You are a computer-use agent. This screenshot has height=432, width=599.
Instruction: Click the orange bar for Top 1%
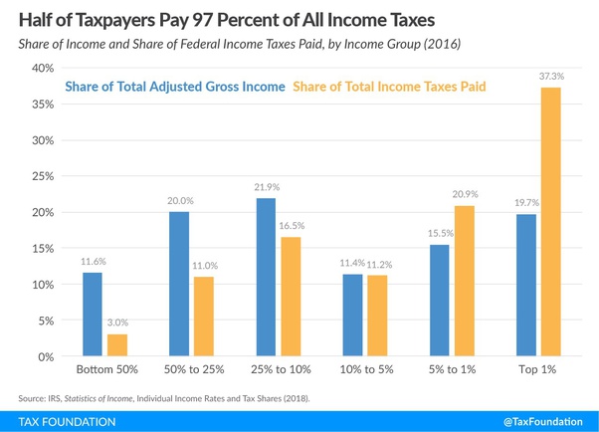[545, 222]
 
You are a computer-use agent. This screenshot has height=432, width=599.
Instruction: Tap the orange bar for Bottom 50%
[117, 345]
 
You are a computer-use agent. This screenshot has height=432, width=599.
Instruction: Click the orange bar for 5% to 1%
[464, 281]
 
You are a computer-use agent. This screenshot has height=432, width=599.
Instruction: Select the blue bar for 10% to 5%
[351, 316]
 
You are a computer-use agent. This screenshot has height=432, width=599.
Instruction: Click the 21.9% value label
[264, 187]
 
